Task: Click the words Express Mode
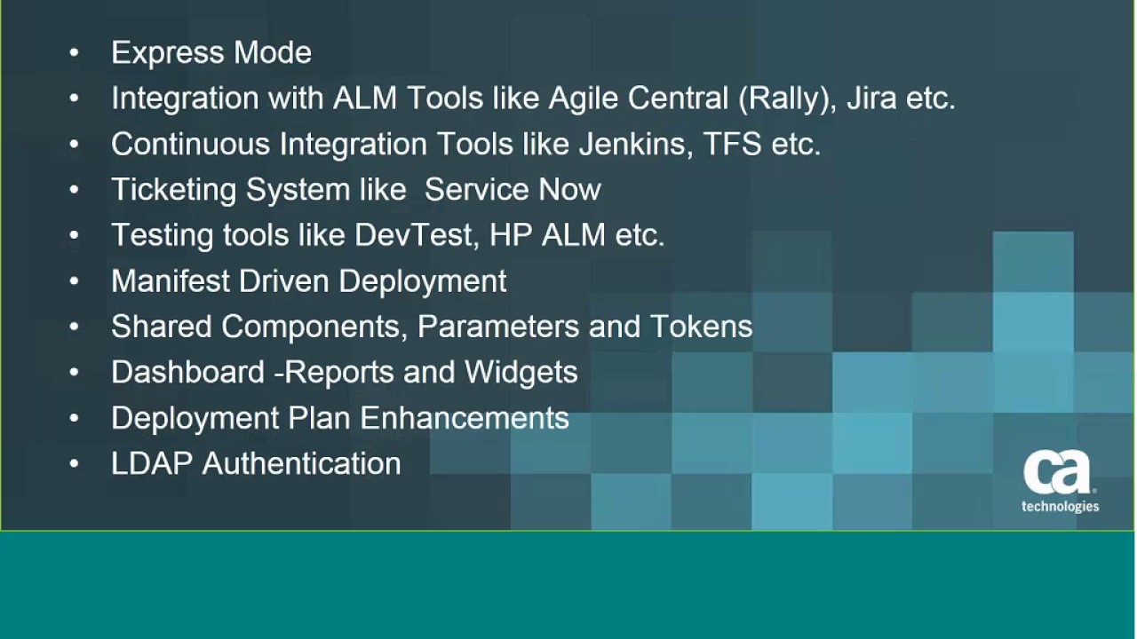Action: (211, 53)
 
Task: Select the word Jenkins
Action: (635, 144)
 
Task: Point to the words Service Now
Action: (513, 190)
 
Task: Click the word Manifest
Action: (171, 281)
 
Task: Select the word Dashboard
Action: (187, 372)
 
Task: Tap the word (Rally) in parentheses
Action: (786, 99)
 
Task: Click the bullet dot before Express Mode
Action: (74, 53)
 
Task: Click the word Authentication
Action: (301, 463)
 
